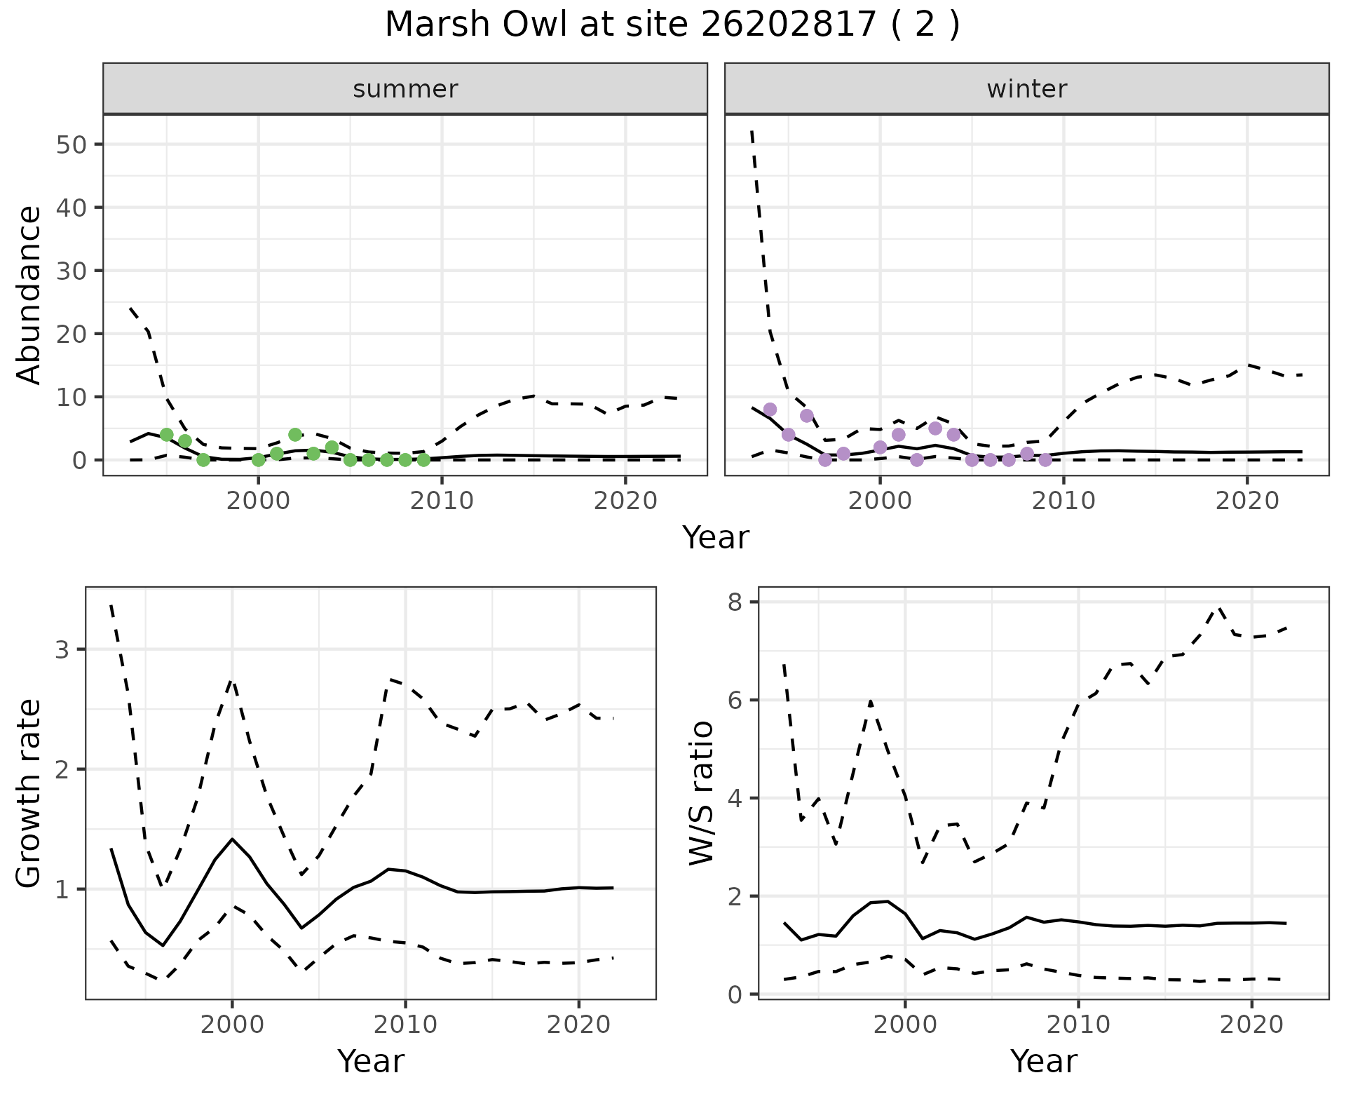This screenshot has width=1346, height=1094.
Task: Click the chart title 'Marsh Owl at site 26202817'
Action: (672, 25)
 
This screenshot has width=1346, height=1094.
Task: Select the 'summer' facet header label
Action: (405, 89)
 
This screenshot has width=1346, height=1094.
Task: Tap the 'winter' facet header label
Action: (1026, 89)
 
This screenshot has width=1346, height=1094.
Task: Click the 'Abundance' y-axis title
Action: (29, 295)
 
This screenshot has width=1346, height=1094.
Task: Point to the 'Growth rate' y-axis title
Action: (29, 794)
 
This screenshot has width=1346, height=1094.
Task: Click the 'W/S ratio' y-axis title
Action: (701, 794)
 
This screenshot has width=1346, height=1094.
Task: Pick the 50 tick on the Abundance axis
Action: (73, 144)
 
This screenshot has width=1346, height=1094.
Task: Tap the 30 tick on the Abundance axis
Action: (73, 271)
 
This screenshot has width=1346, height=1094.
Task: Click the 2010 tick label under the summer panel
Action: (442, 501)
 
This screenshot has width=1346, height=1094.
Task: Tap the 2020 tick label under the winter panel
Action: (1247, 501)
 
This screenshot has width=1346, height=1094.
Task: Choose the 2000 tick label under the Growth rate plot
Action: (232, 1025)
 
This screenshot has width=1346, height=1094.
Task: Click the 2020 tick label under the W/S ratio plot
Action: (1251, 1025)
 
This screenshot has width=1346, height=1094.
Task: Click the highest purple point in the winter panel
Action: (770, 410)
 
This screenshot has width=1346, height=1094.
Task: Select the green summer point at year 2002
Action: (295, 435)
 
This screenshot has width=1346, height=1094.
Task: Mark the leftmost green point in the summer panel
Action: (167, 435)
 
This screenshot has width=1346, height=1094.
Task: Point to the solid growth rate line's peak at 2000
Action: (232, 839)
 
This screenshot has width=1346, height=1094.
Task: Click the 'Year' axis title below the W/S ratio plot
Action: (1043, 1062)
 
